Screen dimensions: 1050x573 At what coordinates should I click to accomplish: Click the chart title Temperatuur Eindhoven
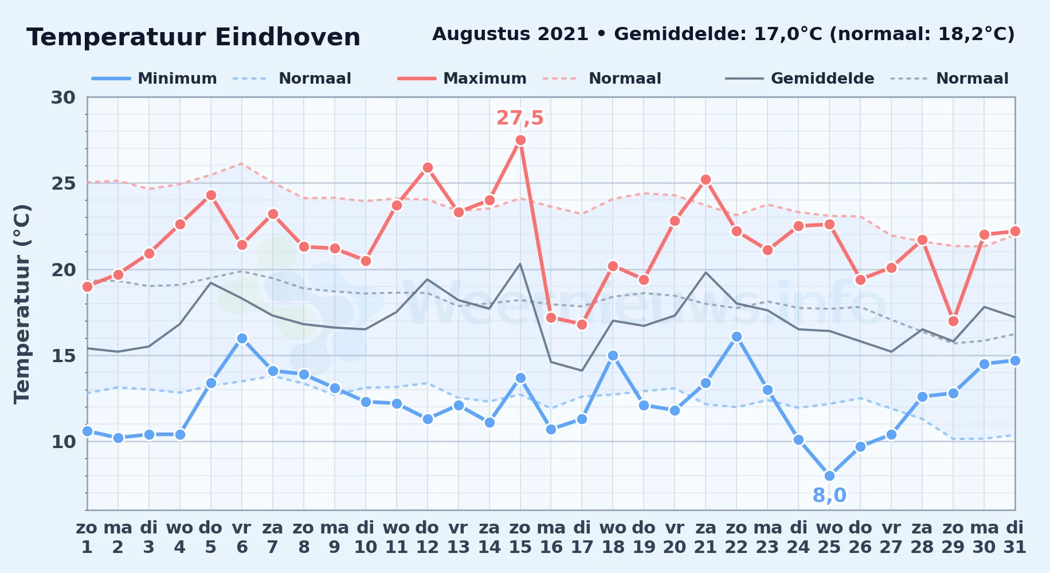[x=194, y=37]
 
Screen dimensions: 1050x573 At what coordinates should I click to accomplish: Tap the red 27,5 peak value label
[x=520, y=118]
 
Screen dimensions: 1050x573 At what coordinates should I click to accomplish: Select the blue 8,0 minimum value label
[x=829, y=496]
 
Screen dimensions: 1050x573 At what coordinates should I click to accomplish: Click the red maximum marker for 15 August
[x=520, y=140]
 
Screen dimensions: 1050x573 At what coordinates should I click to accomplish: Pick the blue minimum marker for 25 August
[x=829, y=476]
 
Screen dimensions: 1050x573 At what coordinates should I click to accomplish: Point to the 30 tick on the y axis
[x=63, y=97]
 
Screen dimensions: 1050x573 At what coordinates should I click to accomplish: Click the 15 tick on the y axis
[x=63, y=356]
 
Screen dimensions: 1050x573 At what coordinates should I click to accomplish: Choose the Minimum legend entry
[x=154, y=79]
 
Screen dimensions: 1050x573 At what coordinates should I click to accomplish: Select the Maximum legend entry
[x=462, y=79]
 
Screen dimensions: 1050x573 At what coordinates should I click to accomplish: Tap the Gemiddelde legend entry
[x=800, y=79]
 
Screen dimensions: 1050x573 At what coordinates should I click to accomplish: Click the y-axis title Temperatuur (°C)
[x=22, y=304]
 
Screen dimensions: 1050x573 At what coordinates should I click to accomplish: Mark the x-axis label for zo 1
[x=87, y=537]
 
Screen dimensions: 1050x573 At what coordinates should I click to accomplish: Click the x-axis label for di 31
[x=1015, y=537]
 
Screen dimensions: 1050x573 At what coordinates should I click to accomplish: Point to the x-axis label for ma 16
[x=551, y=537]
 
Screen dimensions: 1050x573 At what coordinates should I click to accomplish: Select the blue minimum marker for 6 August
[x=242, y=338]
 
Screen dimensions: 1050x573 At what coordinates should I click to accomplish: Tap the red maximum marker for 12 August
[x=428, y=167]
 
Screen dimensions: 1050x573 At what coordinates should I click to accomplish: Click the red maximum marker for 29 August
[x=953, y=321]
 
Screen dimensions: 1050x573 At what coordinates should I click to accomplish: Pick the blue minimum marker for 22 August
[x=736, y=336]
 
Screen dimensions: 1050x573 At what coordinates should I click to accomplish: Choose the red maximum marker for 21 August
[x=706, y=179]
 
